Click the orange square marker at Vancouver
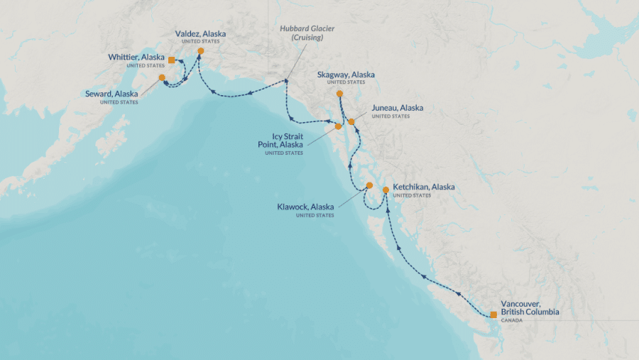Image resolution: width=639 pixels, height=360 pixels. [493, 315]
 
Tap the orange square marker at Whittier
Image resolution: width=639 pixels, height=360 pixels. [172, 60]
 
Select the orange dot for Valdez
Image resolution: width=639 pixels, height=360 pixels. [201, 51]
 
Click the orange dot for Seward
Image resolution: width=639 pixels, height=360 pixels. [162, 77]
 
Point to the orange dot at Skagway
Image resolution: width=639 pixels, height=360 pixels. [340, 94]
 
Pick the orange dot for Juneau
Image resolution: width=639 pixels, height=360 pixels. [351, 122]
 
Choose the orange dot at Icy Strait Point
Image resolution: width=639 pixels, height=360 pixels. [338, 126]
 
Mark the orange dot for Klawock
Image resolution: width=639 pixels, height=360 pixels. [369, 185]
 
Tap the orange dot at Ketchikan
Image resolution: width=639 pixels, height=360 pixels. [386, 190]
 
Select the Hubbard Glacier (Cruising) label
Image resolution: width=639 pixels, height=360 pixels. [307, 33]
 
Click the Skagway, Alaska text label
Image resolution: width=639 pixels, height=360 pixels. [346, 75]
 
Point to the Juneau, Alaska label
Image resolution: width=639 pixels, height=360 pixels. [397, 108]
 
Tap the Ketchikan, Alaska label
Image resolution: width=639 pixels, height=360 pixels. [423, 187]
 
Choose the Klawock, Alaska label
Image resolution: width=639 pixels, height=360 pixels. [305, 207]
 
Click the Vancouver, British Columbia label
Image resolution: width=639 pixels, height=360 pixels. [529, 307]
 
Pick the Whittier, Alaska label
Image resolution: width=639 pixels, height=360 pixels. [136, 57]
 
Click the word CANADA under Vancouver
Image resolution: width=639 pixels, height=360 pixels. [511, 320]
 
